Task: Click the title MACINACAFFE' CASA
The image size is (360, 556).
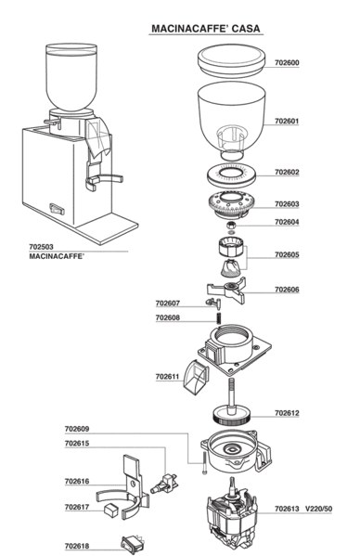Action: tap(205, 29)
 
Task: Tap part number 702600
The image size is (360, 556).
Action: tap(287, 63)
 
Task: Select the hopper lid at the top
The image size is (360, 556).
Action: tap(231, 60)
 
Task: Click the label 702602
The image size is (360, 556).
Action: tap(287, 173)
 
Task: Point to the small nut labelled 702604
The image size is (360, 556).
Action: tap(231, 226)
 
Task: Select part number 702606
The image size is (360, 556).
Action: tap(287, 290)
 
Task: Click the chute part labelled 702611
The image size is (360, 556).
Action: tap(196, 377)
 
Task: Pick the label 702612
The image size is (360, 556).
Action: tap(287, 413)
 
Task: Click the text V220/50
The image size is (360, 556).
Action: tap(319, 510)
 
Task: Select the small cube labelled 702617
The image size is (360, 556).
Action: tap(110, 510)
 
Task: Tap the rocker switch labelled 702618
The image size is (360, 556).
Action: tap(134, 544)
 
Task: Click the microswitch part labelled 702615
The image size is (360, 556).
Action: tap(164, 484)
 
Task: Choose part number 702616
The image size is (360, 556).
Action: tap(77, 482)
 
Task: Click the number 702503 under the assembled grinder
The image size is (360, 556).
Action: tap(41, 247)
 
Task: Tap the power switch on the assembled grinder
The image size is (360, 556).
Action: tap(57, 209)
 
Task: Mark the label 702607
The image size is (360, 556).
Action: tap(168, 304)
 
